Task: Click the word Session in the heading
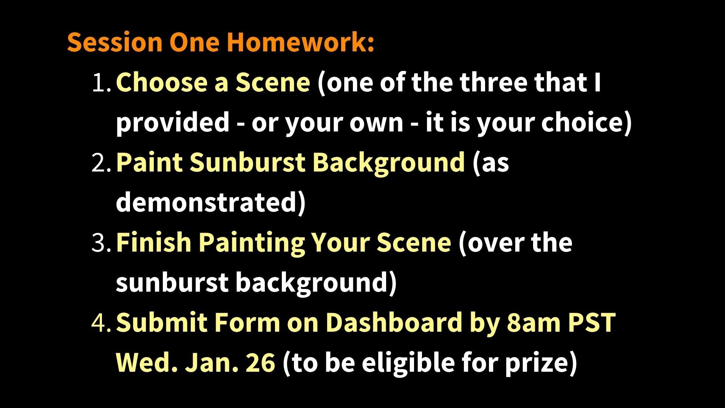point(114,42)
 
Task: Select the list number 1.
point(101,83)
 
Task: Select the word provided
point(173,123)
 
